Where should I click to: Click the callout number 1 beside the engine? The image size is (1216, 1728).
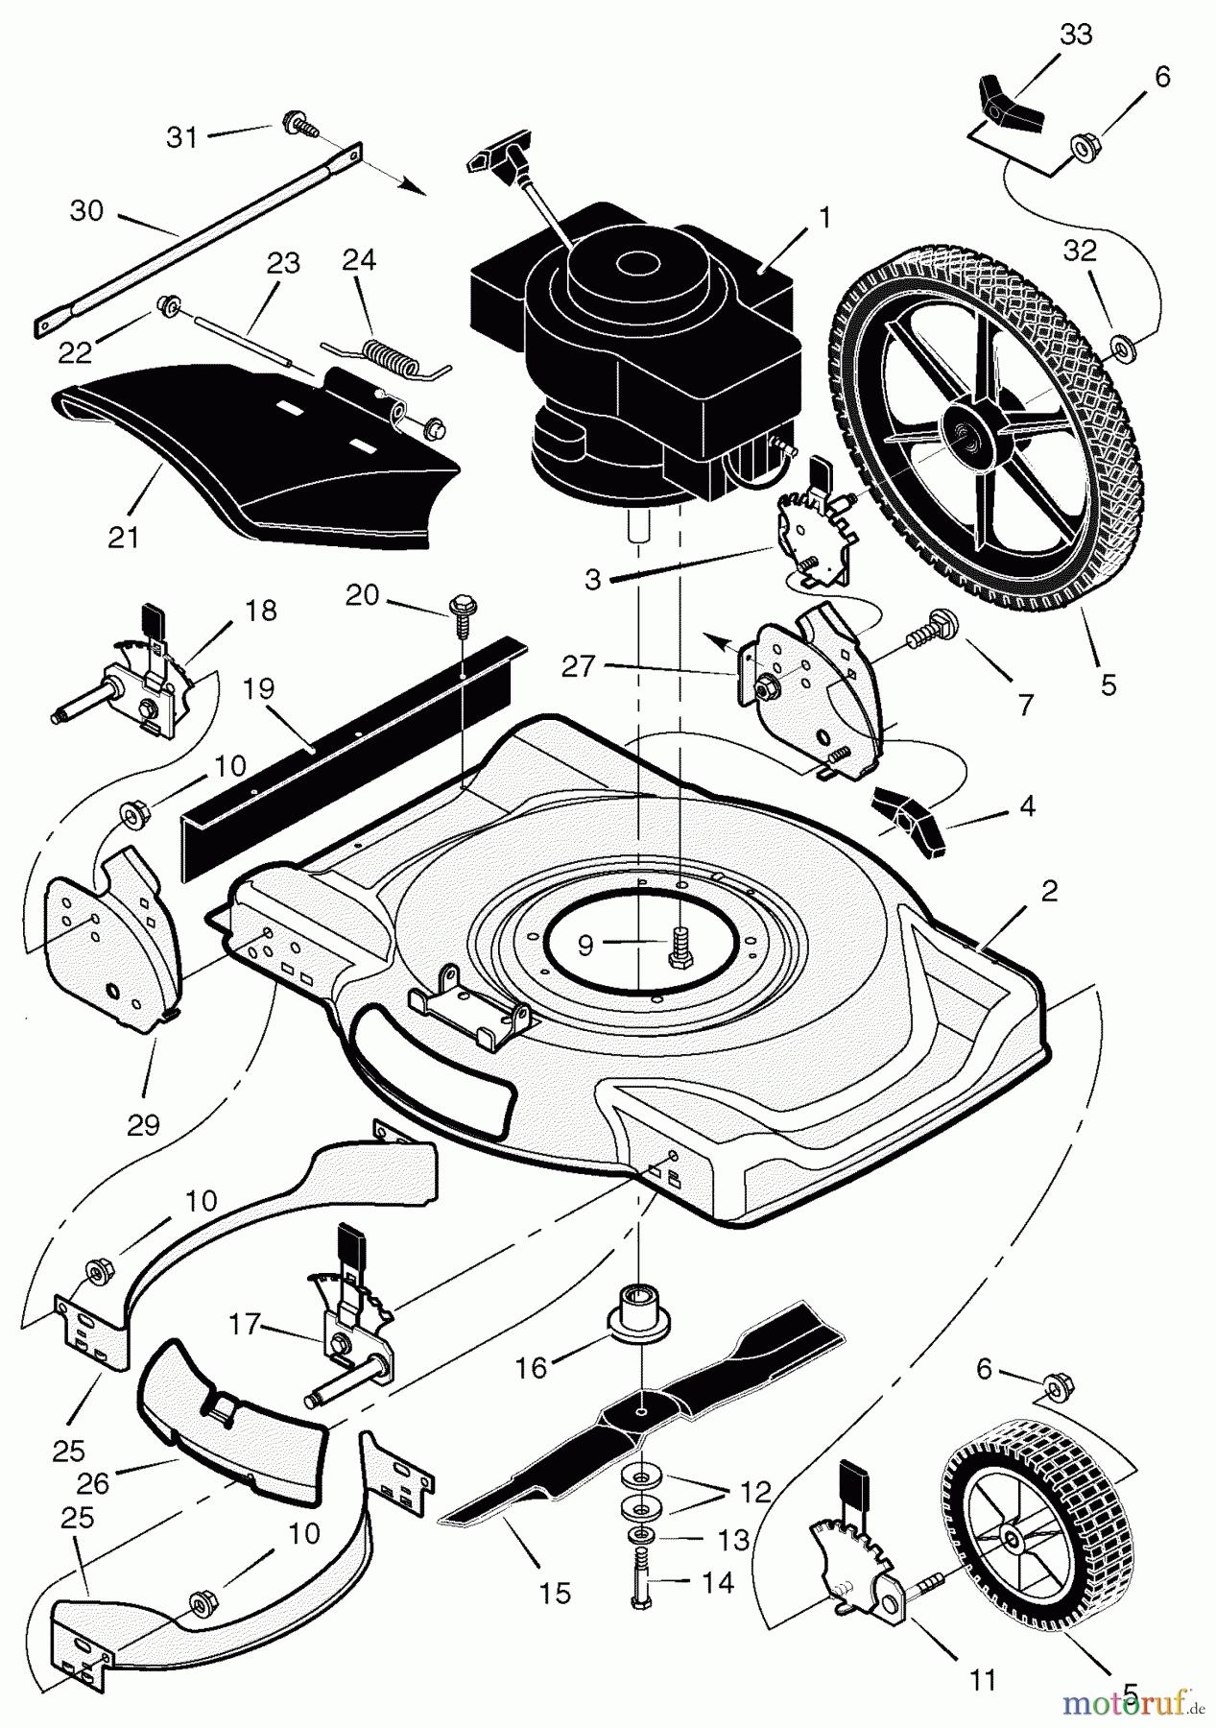click(x=823, y=220)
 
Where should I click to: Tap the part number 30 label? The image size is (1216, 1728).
click(x=86, y=210)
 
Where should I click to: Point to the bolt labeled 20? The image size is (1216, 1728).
click(x=459, y=611)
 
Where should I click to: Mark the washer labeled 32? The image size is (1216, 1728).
click(x=1119, y=344)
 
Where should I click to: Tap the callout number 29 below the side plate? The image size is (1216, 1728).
click(x=143, y=1124)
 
